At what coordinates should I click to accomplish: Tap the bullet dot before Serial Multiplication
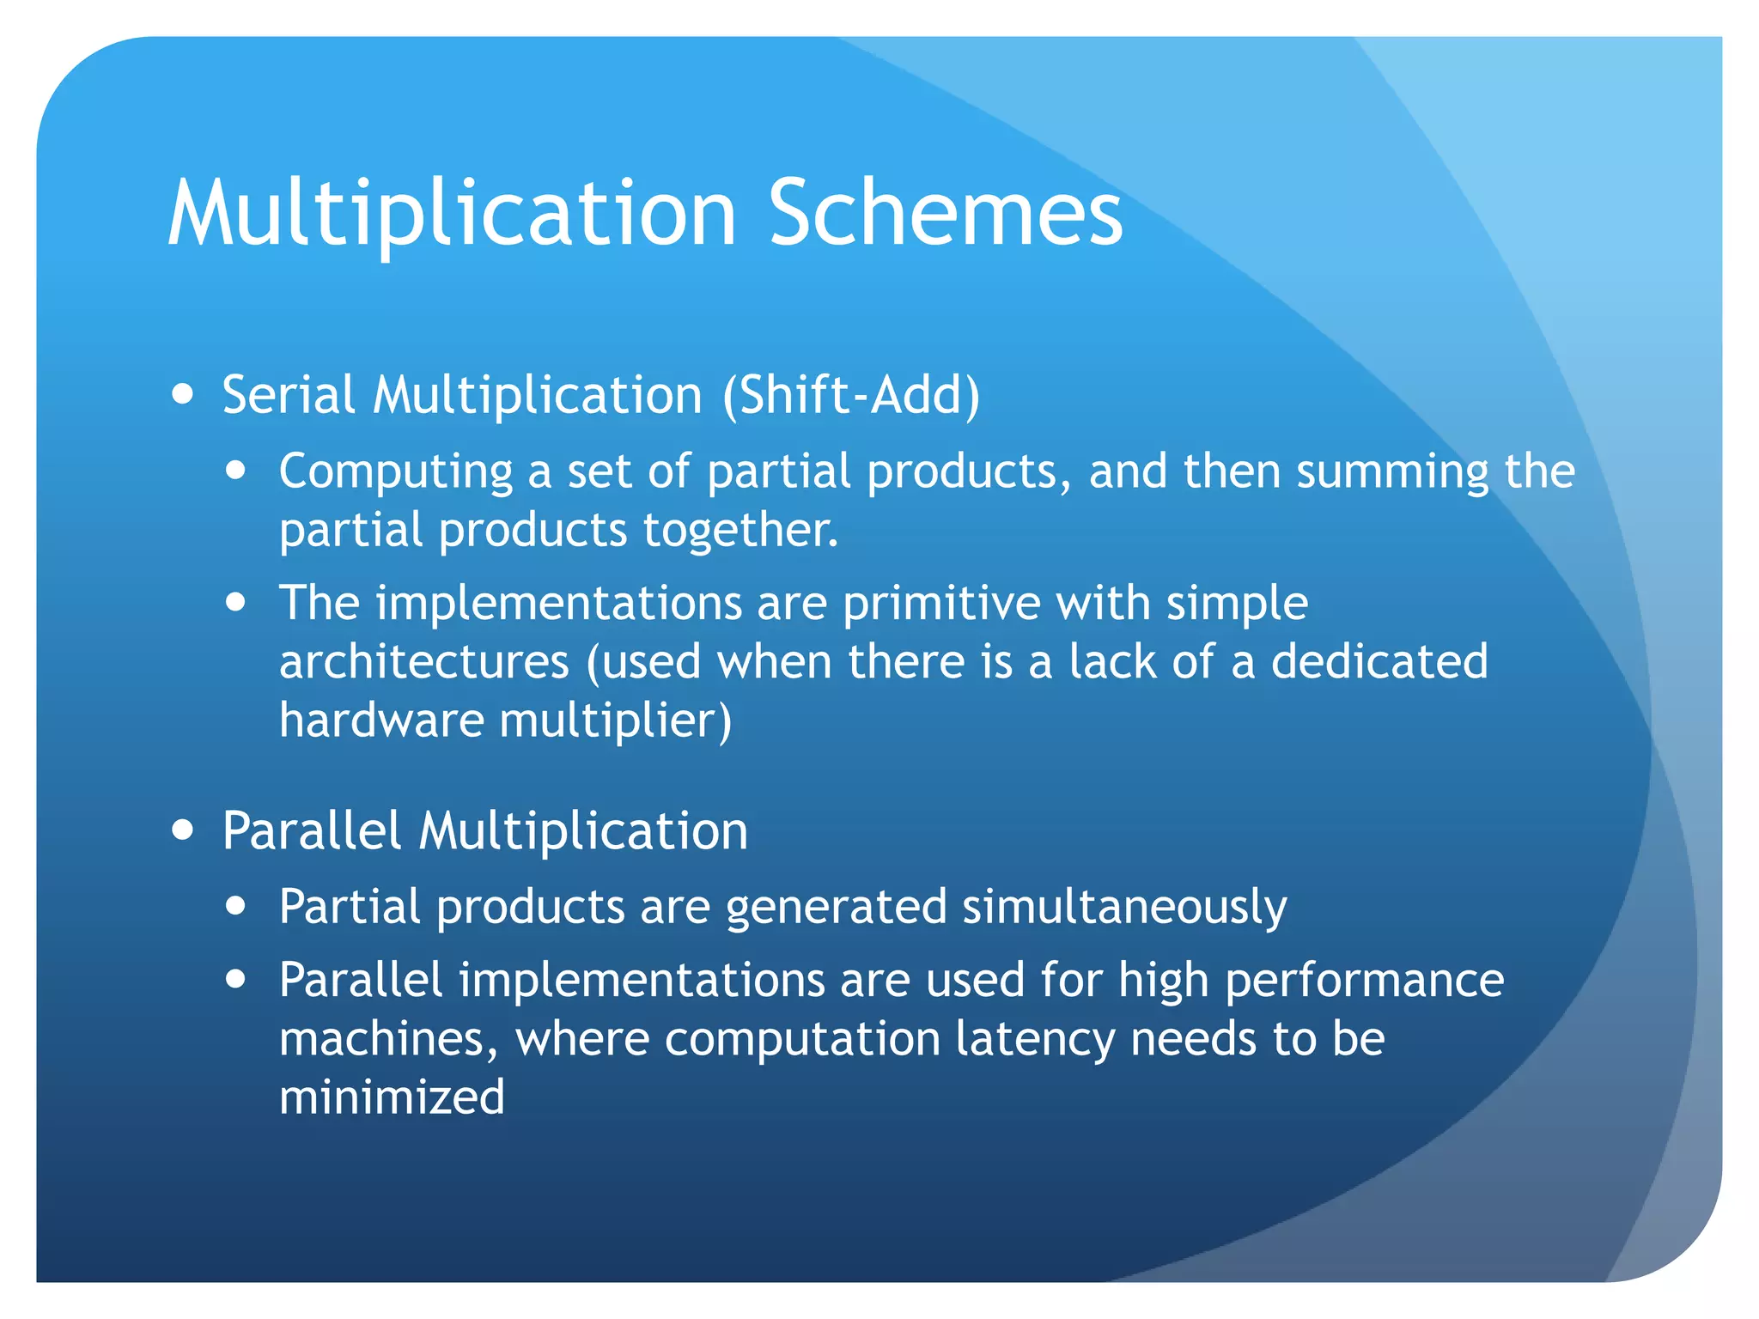182,394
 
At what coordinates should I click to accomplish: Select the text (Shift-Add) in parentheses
850,396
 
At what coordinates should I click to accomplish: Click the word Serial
289,396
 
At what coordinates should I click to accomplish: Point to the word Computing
395,473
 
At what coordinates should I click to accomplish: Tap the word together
740,531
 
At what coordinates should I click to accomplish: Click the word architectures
424,662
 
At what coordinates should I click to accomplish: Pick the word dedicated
1379,662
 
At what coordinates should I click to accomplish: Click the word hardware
381,720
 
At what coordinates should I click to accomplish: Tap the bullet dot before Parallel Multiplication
182,830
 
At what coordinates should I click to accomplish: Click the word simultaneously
1124,908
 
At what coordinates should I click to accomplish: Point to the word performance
1364,981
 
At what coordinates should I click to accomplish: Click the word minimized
392,1097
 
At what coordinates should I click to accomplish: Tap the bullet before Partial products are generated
236,906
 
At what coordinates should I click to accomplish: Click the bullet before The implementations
236,602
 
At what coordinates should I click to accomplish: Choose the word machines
388,1040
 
